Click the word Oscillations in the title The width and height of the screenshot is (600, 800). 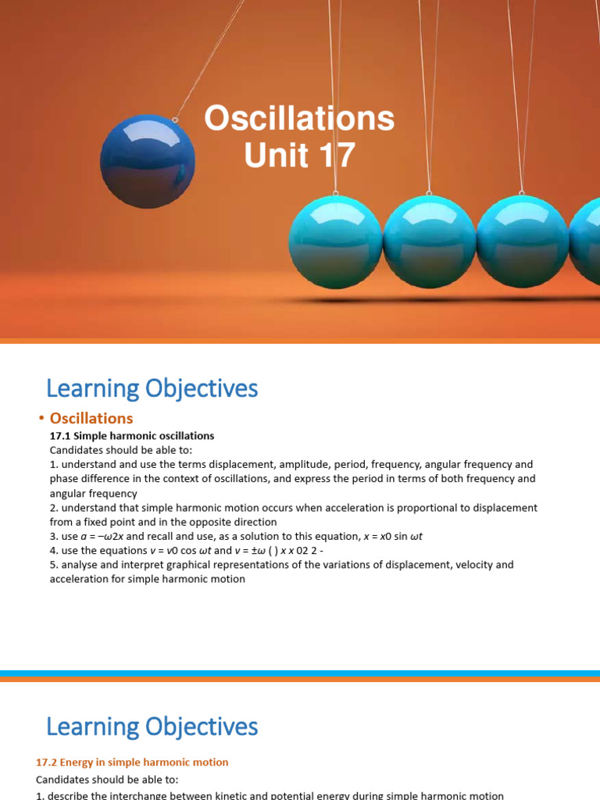pos(299,120)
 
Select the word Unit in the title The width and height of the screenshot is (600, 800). pos(277,155)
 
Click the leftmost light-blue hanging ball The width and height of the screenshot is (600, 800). pos(335,241)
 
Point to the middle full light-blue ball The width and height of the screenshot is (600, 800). pos(429,241)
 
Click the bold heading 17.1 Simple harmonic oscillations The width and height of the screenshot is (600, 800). pos(132,436)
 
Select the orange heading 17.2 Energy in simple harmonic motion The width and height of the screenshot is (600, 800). pos(132,762)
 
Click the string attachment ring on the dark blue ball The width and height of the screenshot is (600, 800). pos(175,120)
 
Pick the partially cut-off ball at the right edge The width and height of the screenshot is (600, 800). pos(585,241)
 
